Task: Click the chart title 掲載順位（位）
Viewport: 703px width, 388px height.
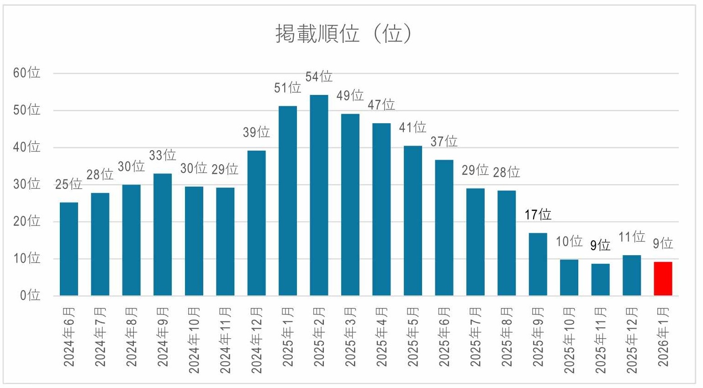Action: click(x=344, y=34)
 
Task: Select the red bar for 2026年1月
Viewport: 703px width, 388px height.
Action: click(x=663, y=279)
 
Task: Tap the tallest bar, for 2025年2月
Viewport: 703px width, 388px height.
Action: click(x=319, y=195)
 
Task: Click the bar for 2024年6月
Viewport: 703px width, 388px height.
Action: click(x=69, y=249)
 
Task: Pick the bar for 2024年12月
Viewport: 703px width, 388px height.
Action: click(x=256, y=223)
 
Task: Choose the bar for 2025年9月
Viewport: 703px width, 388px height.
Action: click(x=538, y=264)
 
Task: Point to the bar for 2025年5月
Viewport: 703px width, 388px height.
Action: click(x=413, y=221)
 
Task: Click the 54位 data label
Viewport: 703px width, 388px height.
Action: click(x=319, y=77)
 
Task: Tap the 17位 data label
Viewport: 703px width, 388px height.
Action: click(x=538, y=215)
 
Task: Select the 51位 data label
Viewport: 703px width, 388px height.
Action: click(x=287, y=88)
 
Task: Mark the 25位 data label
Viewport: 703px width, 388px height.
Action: click(x=69, y=184)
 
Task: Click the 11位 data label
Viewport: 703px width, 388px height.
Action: click(x=632, y=237)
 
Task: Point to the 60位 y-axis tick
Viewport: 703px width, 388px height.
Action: click(x=26, y=73)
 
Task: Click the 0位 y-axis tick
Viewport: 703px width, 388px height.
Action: click(x=30, y=295)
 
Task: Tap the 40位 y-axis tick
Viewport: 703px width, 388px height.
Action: click(x=26, y=147)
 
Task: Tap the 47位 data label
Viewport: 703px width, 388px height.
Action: click(x=381, y=105)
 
